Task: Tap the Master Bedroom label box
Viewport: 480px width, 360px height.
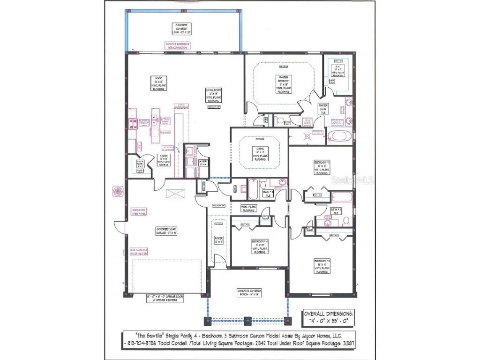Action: click(283, 84)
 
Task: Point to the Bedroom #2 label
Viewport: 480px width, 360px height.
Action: click(322, 167)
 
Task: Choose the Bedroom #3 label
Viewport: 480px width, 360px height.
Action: click(322, 266)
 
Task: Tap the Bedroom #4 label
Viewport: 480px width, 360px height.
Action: click(260, 247)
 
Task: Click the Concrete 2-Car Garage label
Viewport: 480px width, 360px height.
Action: click(165, 231)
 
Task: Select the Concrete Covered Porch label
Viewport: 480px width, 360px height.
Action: click(249, 293)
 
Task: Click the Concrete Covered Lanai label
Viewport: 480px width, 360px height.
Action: click(181, 29)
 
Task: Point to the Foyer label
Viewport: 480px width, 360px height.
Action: click(219, 240)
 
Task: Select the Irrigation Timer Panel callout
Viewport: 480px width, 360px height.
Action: click(140, 212)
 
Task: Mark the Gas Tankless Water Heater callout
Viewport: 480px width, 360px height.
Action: click(136, 254)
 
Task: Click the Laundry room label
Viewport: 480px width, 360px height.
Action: click(203, 164)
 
